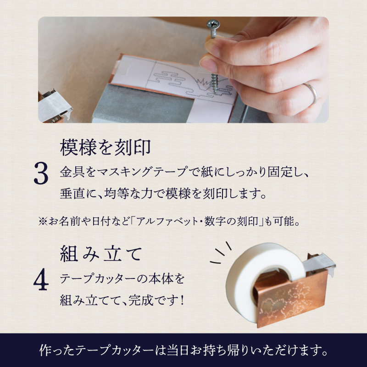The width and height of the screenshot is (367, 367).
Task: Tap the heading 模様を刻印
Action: tap(106, 148)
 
